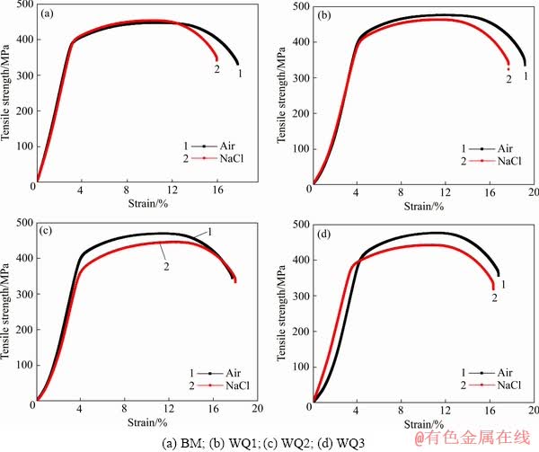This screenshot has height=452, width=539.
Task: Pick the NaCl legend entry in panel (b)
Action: coord(509,161)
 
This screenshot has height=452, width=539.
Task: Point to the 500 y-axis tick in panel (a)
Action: coord(24,6)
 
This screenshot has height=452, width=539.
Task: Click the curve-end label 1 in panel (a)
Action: coord(240,74)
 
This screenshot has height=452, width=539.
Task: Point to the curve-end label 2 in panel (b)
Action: coord(508,79)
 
